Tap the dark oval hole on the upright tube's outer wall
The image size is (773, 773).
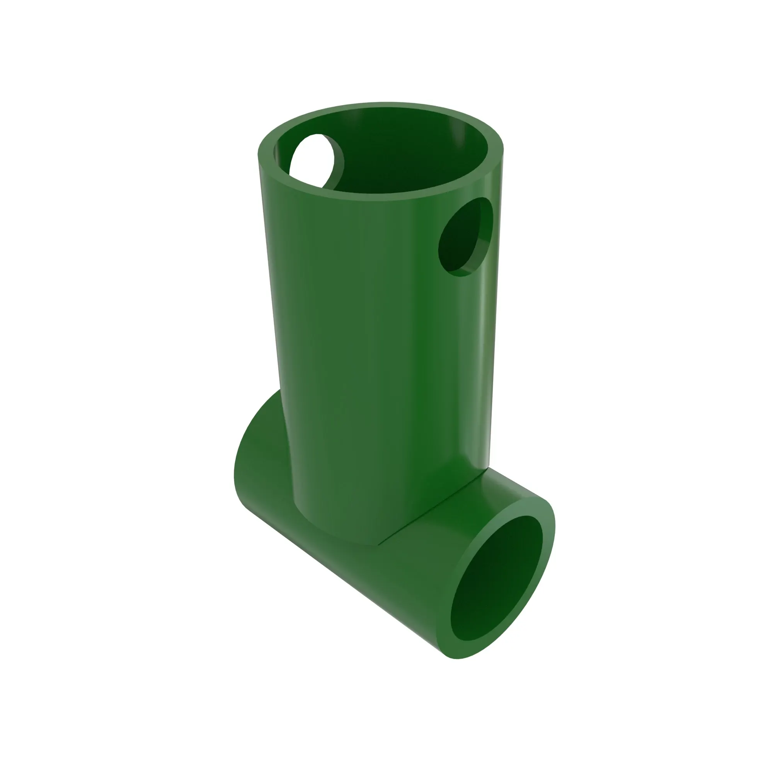click(x=460, y=240)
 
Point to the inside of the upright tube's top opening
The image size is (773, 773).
click(x=384, y=160)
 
